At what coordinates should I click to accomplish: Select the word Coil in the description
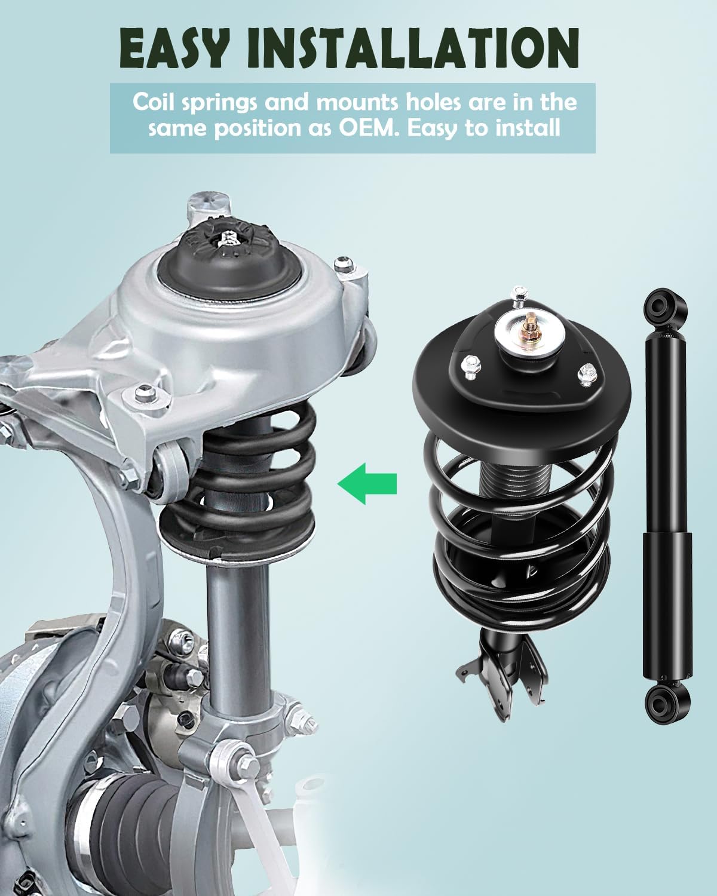pyautogui.click(x=154, y=102)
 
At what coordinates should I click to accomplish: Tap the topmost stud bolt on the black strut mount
pyautogui.click(x=519, y=294)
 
